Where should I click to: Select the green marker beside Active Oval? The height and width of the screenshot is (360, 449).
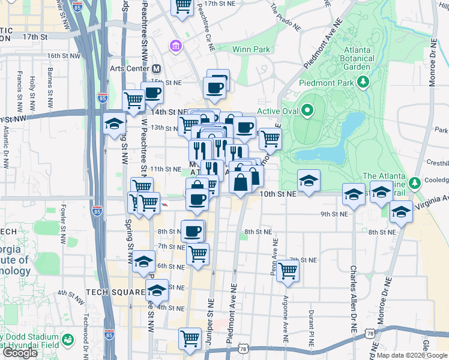pos(307,110)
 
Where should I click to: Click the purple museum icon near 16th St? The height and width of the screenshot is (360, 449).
pos(175,46)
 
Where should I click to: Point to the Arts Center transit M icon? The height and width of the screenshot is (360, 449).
pos(156,68)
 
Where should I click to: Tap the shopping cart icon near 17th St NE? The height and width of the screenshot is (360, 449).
pos(183,6)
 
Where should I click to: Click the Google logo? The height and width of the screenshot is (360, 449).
pos(20,353)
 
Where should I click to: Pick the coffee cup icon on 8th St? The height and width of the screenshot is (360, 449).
pos(193,231)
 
